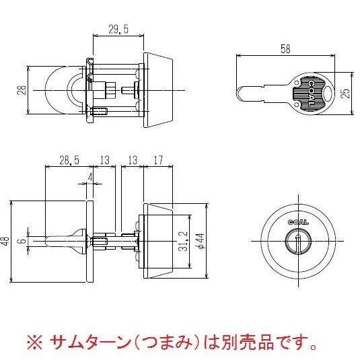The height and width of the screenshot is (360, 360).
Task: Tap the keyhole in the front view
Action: coord(295,240)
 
